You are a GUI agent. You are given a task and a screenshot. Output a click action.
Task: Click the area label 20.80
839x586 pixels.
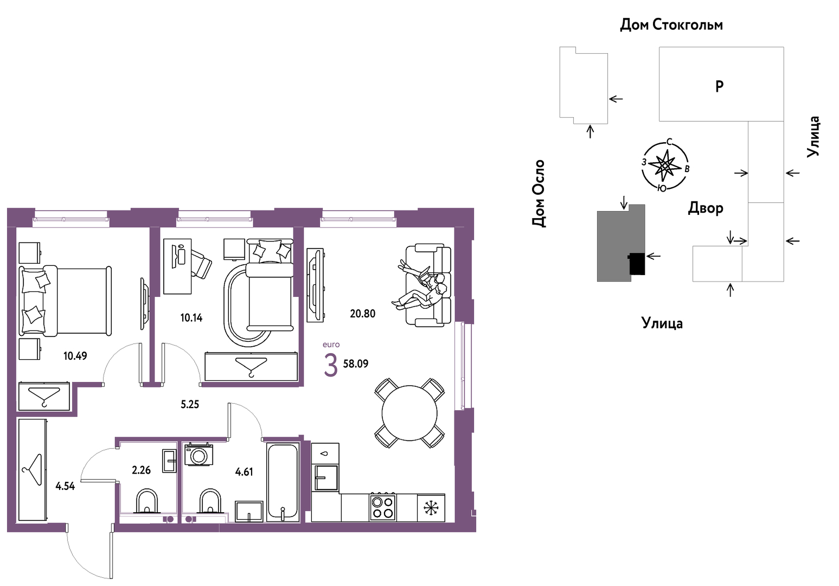tap(362, 314)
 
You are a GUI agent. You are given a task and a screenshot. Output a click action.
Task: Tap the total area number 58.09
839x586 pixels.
tap(355, 364)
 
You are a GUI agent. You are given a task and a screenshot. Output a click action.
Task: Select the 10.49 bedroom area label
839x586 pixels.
tap(75, 356)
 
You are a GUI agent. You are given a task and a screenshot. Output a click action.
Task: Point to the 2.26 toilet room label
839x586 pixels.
tap(141, 470)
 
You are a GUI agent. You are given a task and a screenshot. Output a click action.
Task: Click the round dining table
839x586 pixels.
tap(409, 413)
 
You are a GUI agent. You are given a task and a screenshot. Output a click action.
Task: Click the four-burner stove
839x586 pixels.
tap(382, 507)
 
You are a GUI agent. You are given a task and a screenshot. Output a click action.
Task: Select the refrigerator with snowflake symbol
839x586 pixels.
tap(431, 508)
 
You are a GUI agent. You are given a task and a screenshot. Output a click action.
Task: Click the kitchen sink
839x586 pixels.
tap(325, 477)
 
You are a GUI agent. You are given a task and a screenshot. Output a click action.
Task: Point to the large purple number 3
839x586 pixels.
tap(330, 365)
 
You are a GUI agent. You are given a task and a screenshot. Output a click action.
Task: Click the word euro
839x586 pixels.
tap(331, 345)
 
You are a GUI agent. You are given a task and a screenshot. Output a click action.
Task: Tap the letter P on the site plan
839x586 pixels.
tap(719, 87)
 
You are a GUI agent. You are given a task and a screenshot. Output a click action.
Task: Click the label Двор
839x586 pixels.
tap(705, 208)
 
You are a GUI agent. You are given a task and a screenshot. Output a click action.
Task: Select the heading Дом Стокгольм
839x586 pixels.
tap(671, 25)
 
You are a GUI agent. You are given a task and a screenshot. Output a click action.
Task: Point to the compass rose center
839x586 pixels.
tap(664, 165)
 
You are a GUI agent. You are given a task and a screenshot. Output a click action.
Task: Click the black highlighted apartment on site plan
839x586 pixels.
tap(637, 264)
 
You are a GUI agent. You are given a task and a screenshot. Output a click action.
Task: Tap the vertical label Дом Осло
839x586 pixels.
tap(538, 193)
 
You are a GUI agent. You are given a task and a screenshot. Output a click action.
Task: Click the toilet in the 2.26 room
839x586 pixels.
tap(147, 501)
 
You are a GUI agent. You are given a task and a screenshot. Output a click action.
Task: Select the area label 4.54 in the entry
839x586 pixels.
tap(65, 486)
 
